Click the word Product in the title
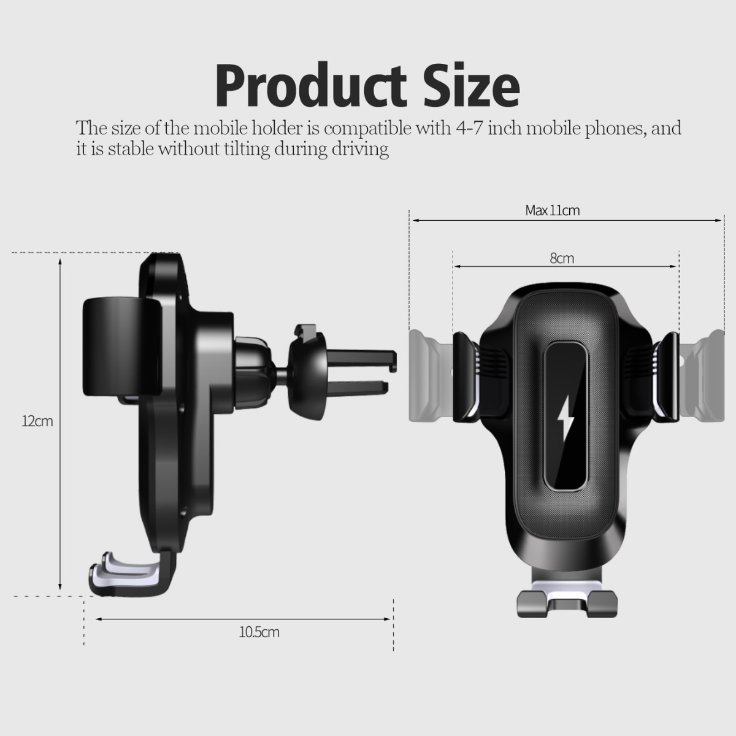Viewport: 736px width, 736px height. [310, 86]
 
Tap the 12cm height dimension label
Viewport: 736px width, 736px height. [37, 421]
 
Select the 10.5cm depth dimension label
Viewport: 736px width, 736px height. [259, 632]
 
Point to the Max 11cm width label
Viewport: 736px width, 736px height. [552, 210]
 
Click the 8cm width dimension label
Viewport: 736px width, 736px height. [562, 258]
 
